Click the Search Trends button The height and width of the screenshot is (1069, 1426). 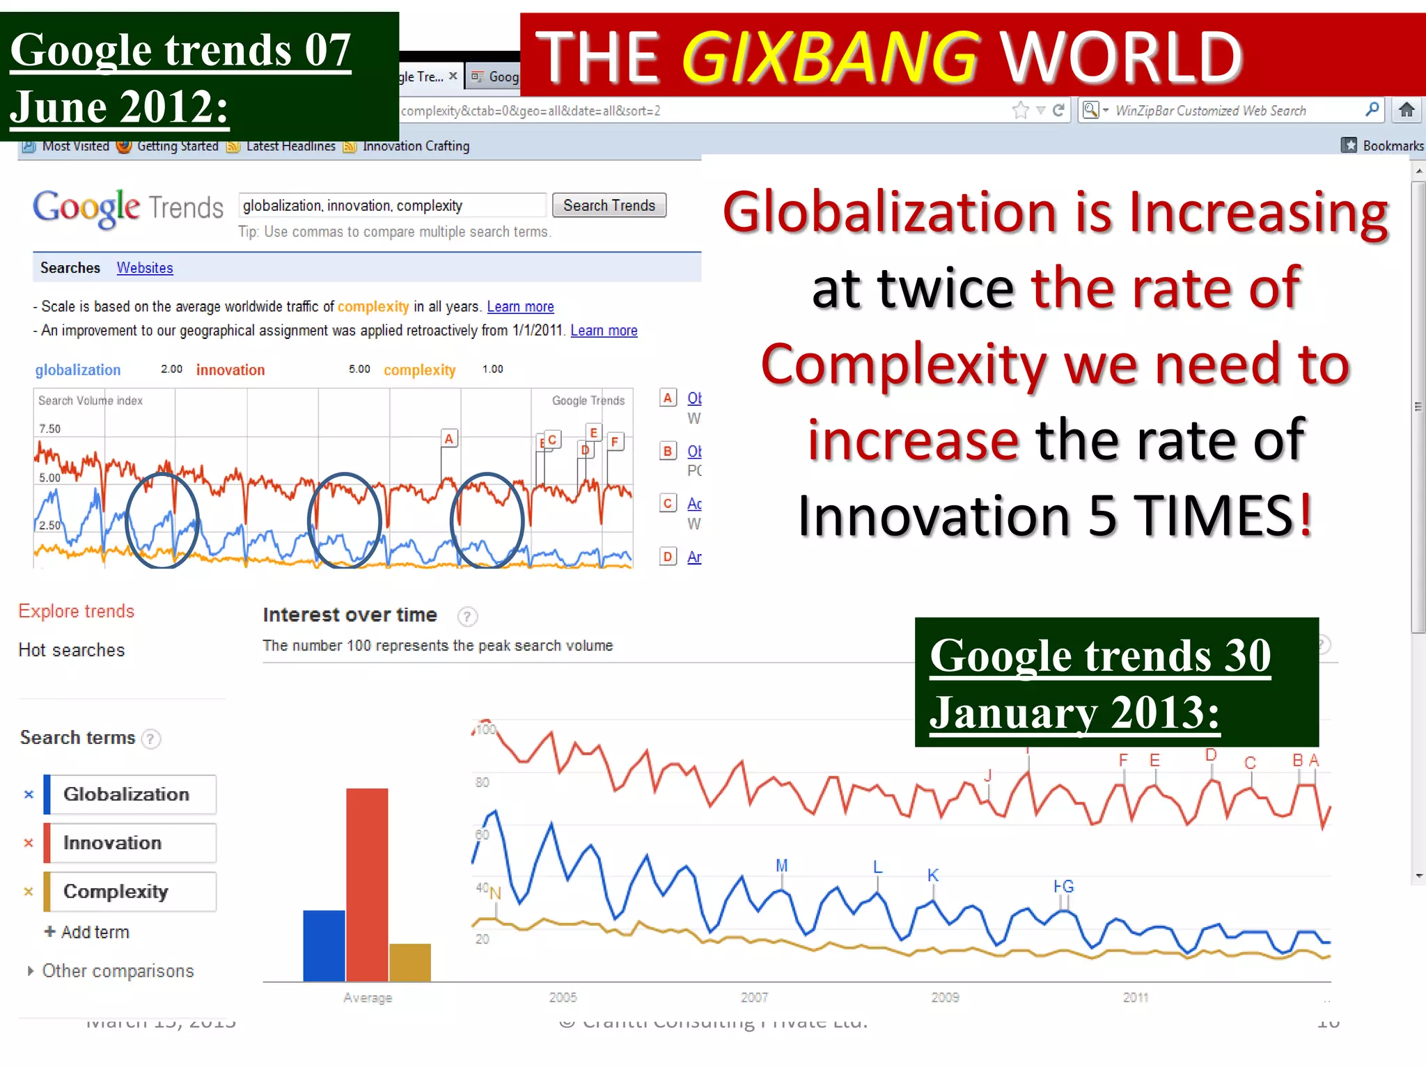pos(609,205)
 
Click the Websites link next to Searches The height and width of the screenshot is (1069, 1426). pos(145,268)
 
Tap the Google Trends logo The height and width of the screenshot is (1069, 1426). pos(128,207)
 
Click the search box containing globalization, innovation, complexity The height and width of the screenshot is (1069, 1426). pos(391,205)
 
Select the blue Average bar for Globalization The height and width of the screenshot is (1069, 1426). pos(324,946)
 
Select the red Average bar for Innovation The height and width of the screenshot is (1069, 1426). pos(367,884)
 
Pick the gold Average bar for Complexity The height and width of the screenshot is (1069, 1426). pos(410,963)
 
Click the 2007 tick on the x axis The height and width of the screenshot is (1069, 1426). pos(754,997)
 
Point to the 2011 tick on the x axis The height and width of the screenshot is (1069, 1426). pos(1136,997)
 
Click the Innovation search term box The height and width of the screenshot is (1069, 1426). pos(130,843)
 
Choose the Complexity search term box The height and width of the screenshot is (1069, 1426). pos(130,892)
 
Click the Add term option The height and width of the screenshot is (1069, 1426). pos(88,932)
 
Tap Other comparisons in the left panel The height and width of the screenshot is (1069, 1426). pos(117,971)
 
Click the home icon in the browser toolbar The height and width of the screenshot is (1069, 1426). pos(1407,110)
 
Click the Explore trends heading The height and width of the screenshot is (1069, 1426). pos(77,611)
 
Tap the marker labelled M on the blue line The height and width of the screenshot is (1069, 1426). pos(782,866)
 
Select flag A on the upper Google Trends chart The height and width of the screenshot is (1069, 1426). pos(449,438)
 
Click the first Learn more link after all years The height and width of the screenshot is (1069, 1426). pos(520,307)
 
